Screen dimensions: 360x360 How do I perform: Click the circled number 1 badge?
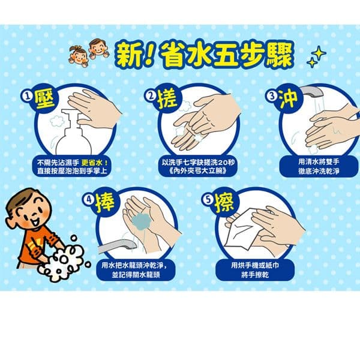click(x=27, y=97)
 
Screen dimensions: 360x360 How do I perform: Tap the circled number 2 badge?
click(x=152, y=96)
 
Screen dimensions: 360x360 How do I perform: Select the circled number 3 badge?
click(x=272, y=96)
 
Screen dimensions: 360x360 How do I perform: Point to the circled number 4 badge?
click(x=89, y=199)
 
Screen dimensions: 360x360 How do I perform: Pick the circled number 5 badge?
click(x=208, y=199)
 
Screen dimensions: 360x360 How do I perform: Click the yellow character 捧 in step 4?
click(x=106, y=202)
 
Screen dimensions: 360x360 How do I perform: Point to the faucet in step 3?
click(x=313, y=91)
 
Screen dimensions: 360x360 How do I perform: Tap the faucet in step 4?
click(x=118, y=246)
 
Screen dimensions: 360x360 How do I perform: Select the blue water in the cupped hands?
click(x=141, y=221)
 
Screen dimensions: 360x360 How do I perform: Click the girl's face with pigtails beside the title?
click(x=79, y=56)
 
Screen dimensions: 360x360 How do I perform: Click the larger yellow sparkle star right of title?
click(x=319, y=53)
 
